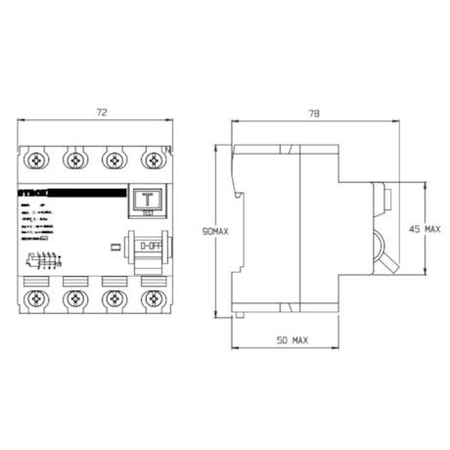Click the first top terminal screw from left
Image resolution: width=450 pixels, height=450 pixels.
click(x=39, y=157)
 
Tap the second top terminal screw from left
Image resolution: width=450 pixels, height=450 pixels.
click(x=76, y=157)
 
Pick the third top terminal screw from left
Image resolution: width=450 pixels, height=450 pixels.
click(x=113, y=157)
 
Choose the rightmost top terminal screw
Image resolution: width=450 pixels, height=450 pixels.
click(x=151, y=157)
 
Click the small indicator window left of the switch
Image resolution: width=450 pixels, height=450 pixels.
click(x=116, y=247)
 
